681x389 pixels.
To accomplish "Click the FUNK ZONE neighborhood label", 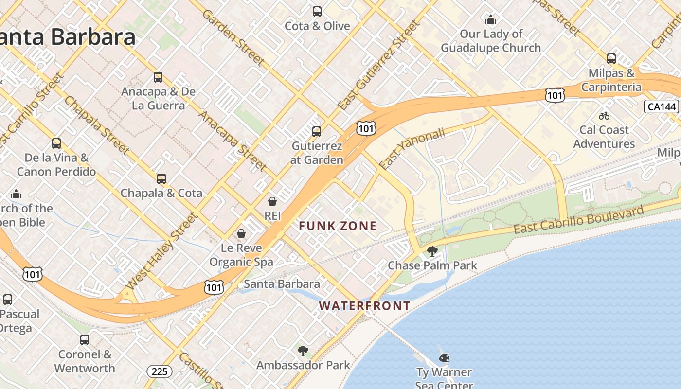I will pos(338,226).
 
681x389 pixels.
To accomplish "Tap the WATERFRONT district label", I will pos(364,306).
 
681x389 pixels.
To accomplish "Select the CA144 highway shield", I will pos(661,107).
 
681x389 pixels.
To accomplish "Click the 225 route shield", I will pos(159,372).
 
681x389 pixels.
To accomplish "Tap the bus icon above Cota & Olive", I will pos(317,12).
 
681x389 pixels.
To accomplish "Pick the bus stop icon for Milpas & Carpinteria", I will pos(611,59).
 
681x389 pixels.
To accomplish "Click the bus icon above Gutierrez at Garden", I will pos(317,131).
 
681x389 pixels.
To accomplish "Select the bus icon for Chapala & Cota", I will pos(161,179).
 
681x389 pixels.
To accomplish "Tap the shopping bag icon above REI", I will pos(272,201).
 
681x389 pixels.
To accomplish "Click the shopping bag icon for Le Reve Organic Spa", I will pos(241,234).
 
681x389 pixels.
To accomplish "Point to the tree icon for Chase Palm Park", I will pos(432,251).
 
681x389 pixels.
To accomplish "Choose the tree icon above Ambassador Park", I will pos(303,351).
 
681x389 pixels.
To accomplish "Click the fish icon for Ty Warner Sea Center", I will pos(444,358).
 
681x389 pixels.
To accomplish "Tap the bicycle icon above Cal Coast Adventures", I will pos(604,116).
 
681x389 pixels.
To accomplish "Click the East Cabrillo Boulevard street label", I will pos(578,220).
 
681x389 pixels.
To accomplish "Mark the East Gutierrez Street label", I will pos(378,65).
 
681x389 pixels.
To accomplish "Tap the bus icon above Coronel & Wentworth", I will pos(85,340).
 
